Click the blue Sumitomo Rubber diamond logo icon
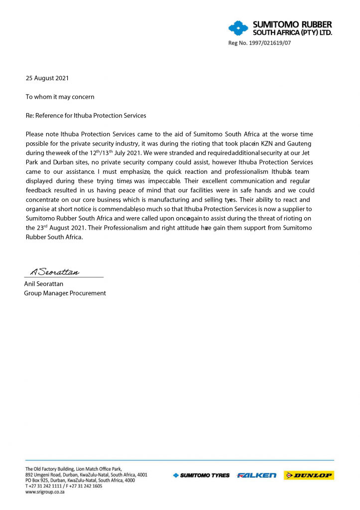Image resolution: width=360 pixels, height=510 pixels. click(238, 28)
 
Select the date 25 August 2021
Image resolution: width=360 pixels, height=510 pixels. click(47, 78)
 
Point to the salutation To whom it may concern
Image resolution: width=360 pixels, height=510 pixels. click(60, 97)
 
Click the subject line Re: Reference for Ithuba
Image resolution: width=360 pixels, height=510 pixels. click(86, 116)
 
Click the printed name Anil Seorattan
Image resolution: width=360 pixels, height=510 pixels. click(44, 284)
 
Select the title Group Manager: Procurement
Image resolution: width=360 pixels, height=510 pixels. click(65, 293)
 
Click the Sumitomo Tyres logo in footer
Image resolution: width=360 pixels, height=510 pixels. click(201, 476)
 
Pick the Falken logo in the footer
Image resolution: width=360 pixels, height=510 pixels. click(256, 476)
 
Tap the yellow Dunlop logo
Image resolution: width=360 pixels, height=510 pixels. click(309, 476)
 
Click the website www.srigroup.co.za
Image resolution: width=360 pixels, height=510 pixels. click(45, 492)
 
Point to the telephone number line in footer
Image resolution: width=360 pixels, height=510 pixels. click(64, 486)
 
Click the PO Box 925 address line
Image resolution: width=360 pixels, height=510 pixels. click(80, 481)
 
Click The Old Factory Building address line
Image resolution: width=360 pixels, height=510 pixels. click(73, 469)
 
